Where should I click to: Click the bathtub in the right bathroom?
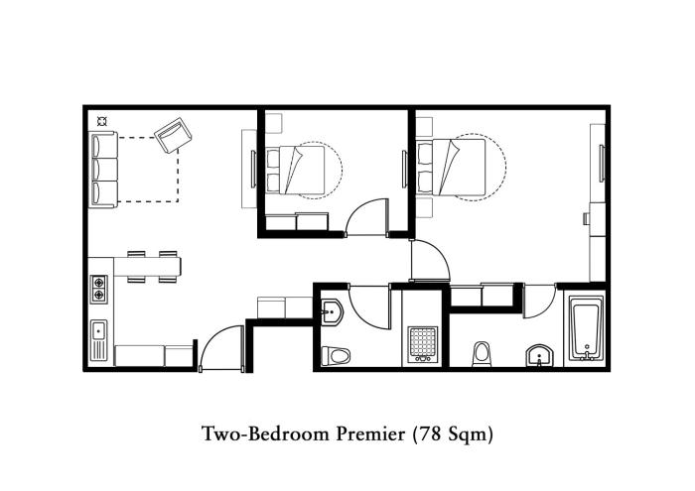coord(587,328)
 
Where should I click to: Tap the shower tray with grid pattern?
coord(422,344)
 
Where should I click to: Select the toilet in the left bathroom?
coord(336,355)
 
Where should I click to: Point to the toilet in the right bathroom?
coord(482,354)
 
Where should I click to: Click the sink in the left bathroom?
coord(331,311)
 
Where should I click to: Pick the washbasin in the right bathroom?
coord(539,356)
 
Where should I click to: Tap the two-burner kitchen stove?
coord(99,289)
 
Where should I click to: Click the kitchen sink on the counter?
coord(99,340)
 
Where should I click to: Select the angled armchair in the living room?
coord(173,135)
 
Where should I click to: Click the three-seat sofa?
coord(104,170)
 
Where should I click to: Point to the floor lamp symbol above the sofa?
coord(102,121)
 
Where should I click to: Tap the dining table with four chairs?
coord(152,267)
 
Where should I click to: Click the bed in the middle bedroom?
coord(296,170)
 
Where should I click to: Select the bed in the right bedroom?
coord(451,168)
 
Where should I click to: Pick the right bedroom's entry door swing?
coord(431,260)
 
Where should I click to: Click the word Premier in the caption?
coord(370,433)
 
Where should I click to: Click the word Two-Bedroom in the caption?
coord(266,433)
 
